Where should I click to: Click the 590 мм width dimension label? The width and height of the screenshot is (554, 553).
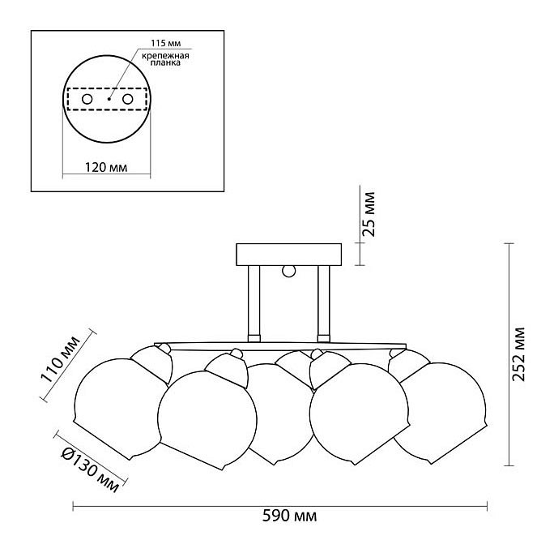(289, 517)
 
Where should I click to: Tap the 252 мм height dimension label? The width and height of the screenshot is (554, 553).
(518, 354)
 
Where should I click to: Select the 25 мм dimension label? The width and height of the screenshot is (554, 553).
(369, 214)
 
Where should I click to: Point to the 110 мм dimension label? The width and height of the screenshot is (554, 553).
(61, 359)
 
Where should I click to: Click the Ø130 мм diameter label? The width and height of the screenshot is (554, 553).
(90, 469)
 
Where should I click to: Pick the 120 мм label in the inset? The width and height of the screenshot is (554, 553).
(106, 167)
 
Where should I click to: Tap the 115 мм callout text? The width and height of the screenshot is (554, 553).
(166, 43)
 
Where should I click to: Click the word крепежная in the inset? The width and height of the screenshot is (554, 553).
(166, 56)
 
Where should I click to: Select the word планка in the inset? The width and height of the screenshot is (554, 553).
(165, 62)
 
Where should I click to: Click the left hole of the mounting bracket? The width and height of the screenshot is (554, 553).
(87, 99)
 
